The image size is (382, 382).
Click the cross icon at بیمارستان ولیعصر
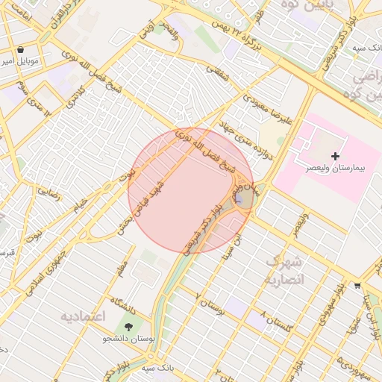point(335,156)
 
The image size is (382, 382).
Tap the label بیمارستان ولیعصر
point(335,169)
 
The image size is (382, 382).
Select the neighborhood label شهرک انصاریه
point(284,270)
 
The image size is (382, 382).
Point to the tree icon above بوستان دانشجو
point(130,327)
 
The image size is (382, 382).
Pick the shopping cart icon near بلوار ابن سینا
point(357,286)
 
